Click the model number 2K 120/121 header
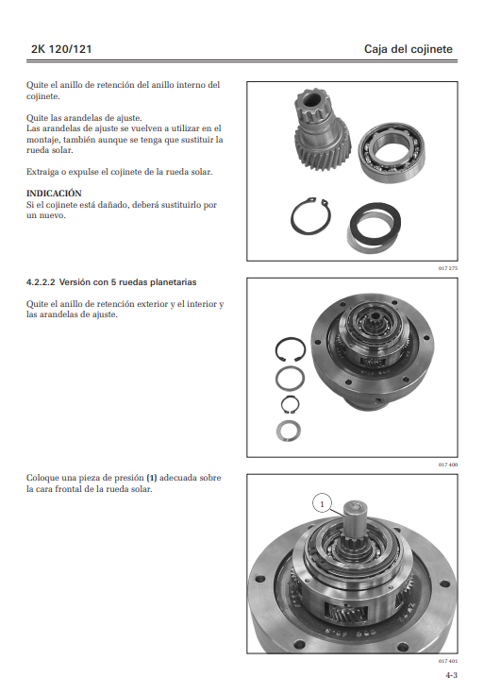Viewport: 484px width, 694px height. (61, 49)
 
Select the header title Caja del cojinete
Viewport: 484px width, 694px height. (408, 49)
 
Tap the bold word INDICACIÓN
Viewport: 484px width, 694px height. (54, 194)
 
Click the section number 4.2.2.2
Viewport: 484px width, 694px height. (41, 282)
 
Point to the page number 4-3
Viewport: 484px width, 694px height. (451, 675)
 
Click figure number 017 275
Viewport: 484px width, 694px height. (448, 268)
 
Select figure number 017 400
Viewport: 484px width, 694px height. (448, 465)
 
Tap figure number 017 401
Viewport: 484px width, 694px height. (448, 661)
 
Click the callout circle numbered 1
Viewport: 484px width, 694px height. (322, 504)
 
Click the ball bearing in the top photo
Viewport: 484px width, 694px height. (392, 153)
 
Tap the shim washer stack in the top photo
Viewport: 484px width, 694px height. (375, 228)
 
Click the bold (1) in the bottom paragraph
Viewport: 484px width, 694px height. (151, 478)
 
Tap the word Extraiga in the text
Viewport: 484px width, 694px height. (42, 172)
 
